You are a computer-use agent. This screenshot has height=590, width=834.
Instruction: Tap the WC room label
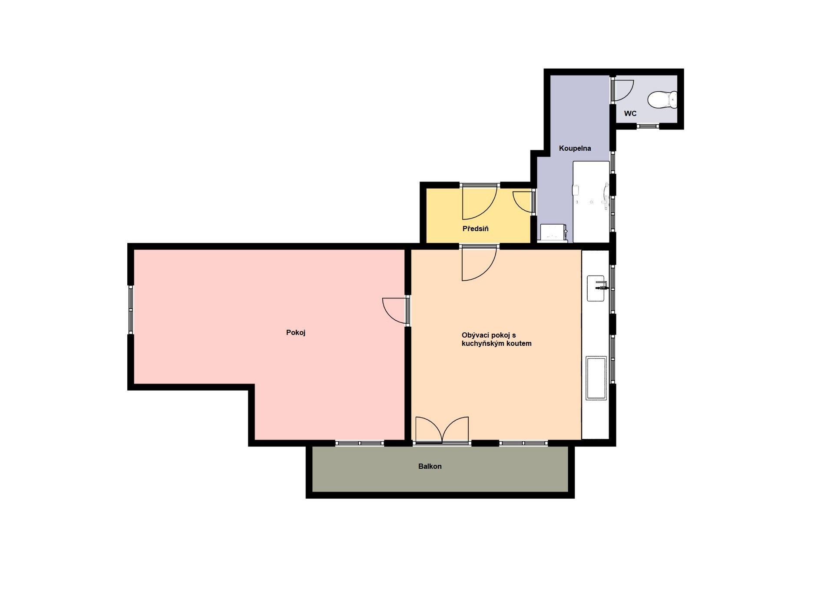(x=630, y=113)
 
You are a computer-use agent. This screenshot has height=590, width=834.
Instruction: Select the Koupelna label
(x=575, y=148)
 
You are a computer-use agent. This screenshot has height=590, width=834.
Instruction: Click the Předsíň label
(x=475, y=229)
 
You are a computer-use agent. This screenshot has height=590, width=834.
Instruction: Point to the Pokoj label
(x=295, y=332)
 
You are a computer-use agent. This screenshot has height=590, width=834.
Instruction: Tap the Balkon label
(x=430, y=466)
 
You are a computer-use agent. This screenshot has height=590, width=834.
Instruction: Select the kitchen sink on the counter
(x=596, y=288)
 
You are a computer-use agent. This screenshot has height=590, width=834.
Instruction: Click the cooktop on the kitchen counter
(x=596, y=378)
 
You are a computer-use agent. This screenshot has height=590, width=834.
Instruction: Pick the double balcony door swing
(x=442, y=430)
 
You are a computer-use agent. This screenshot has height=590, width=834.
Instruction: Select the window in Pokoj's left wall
(x=131, y=310)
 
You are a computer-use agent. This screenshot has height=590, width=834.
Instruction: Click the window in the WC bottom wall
(x=648, y=126)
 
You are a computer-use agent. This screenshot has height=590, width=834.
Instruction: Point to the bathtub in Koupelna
(x=591, y=202)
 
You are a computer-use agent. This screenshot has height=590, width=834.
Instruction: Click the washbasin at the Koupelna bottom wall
(x=553, y=233)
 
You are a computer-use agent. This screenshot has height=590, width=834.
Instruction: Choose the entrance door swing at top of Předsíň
(x=478, y=202)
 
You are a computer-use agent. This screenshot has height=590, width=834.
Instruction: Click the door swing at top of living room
(x=478, y=264)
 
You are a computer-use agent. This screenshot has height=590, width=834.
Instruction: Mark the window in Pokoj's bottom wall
(x=360, y=443)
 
